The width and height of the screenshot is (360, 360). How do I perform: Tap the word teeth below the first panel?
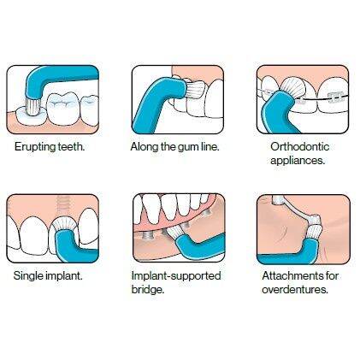point(70,147)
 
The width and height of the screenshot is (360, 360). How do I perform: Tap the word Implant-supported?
point(176,277)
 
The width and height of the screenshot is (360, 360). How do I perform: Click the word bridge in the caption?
point(150,291)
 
